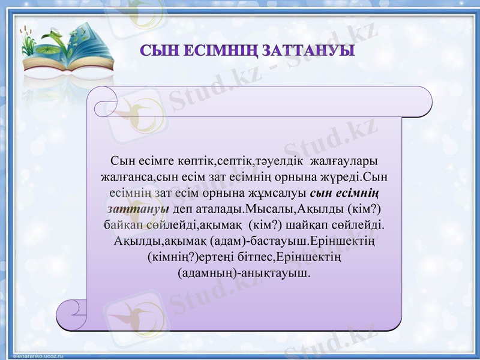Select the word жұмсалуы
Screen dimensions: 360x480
(x=281, y=194)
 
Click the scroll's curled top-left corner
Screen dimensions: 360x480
(x=102, y=99)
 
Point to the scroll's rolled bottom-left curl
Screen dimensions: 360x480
(x=71, y=312)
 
